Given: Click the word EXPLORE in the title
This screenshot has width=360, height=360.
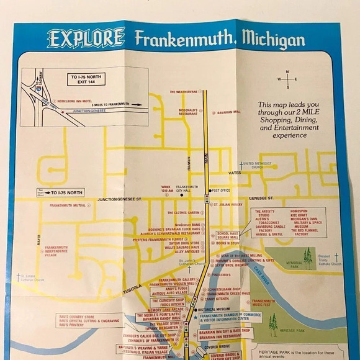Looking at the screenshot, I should tap(86, 38).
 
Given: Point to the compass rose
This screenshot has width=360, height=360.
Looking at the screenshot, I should tap(287, 79).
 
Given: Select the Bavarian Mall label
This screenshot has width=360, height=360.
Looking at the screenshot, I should tap(228, 112).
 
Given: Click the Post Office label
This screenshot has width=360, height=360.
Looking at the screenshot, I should tap(220, 191).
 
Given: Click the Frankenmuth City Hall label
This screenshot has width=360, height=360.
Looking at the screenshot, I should tap(186, 189).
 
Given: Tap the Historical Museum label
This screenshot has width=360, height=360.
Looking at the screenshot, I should tap(214, 309).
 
